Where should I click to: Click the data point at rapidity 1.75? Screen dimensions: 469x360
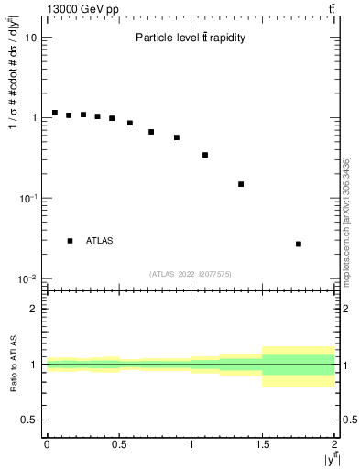[x=299, y=244]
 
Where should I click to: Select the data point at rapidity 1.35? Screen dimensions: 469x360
[x=241, y=184]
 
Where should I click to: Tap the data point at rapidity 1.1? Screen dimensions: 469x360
[x=205, y=155]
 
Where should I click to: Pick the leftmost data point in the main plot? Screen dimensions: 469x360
[x=55, y=113]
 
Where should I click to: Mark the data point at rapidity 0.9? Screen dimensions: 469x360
[x=177, y=137]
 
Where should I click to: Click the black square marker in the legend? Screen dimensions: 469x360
[x=70, y=241]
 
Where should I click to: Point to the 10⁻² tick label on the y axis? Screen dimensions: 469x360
[x=29, y=278]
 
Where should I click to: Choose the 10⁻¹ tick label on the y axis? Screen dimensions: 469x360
[x=29, y=198]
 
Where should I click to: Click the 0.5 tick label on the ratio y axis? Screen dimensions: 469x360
[x=30, y=420]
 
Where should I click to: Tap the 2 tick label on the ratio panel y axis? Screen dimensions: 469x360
[x=35, y=309]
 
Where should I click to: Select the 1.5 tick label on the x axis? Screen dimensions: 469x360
[x=263, y=444]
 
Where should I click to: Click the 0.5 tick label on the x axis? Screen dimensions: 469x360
[x=119, y=444]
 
